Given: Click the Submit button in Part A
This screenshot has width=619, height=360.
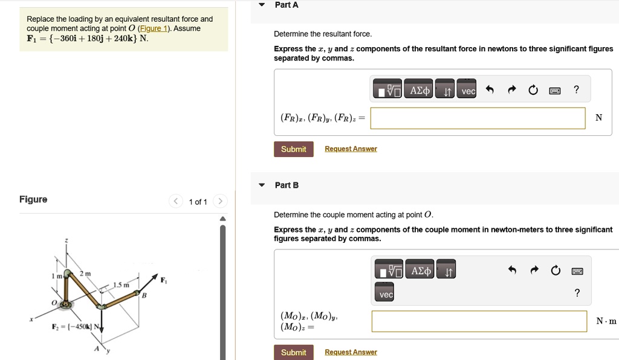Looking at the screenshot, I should click(x=293, y=149).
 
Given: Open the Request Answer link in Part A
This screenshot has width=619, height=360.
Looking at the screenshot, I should click(x=351, y=149).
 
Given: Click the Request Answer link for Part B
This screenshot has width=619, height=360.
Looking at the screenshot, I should click(x=351, y=352).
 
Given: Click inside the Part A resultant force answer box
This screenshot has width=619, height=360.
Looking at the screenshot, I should click(x=478, y=118).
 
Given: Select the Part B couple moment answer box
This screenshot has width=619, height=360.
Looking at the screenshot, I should click(x=479, y=321).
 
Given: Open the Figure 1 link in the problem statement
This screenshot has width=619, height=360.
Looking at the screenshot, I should click(x=151, y=28).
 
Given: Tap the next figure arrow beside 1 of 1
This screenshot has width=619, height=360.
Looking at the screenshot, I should click(x=221, y=201).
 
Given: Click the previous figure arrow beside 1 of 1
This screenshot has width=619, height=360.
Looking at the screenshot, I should click(x=175, y=201).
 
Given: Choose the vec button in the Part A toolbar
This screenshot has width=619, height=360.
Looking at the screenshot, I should click(x=468, y=91).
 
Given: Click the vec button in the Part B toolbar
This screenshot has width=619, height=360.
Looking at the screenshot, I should click(x=386, y=294).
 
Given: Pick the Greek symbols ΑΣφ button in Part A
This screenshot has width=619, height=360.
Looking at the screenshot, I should click(x=420, y=91).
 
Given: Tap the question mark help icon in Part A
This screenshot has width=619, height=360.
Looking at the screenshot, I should click(x=576, y=90).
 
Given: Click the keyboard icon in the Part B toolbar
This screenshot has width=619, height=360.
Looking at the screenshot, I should click(x=577, y=271).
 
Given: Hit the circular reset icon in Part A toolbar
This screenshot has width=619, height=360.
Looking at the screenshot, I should click(x=533, y=91).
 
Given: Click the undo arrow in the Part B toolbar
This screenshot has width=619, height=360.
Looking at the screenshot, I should click(x=513, y=271).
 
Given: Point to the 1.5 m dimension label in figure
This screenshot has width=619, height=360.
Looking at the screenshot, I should click(x=121, y=285).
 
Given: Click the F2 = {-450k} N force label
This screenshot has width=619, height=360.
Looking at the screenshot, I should click(x=76, y=327).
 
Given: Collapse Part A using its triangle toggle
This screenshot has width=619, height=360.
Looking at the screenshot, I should click(x=262, y=5).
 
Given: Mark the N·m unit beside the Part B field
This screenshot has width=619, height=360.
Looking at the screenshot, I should click(x=606, y=321).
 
